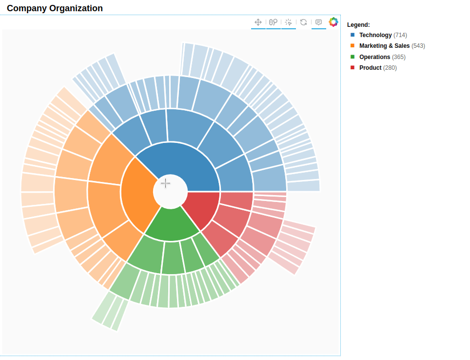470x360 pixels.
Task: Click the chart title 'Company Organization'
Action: tap(55, 8)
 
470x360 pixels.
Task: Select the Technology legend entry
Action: tap(375, 35)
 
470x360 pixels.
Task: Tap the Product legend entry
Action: tap(370, 68)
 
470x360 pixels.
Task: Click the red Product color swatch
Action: tap(352, 67)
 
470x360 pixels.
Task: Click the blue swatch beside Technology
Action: tap(352, 35)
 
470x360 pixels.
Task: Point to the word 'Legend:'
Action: tap(358, 24)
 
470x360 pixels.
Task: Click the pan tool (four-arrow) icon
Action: tap(258, 22)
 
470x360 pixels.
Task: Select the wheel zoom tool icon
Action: tap(274, 22)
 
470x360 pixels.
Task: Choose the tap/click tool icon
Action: tap(289, 22)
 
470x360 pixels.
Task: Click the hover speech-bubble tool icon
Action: tap(319, 22)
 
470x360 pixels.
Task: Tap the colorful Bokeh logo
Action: tap(333, 22)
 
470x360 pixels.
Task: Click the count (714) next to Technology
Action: tap(400, 35)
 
